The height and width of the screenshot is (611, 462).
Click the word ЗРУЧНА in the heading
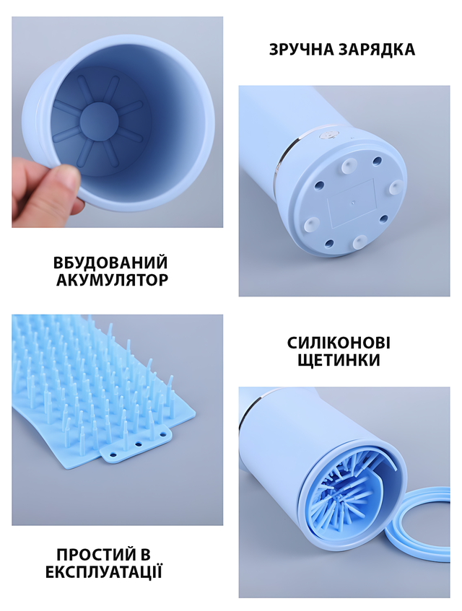[301, 50]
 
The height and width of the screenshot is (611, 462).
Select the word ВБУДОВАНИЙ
[110, 263]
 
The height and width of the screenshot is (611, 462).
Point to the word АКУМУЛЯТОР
[113, 280]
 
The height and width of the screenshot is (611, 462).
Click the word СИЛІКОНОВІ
[339, 343]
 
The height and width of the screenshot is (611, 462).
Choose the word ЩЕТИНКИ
[339, 361]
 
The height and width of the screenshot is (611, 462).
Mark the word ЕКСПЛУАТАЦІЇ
[104, 572]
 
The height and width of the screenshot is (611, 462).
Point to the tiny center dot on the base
[353, 202]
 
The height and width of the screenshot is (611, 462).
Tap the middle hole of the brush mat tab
[137, 444]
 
